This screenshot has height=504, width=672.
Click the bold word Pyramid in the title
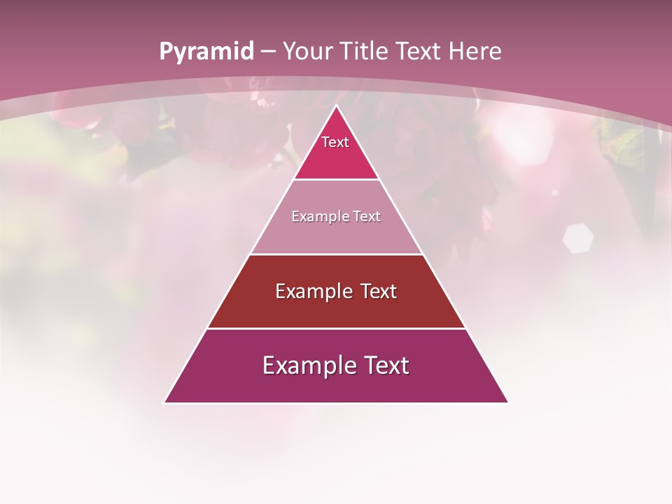tap(206, 52)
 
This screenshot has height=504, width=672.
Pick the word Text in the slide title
tap(421, 51)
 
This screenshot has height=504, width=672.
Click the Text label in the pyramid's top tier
tap(335, 142)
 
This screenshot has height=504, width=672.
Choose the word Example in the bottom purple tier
tap(307, 365)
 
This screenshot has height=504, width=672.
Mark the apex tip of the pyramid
tap(336, 106)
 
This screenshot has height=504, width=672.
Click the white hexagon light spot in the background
tap(578, 238)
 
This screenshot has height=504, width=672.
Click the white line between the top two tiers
tap(336, 179)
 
